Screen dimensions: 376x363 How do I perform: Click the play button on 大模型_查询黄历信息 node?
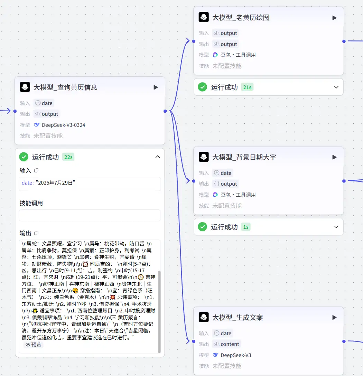pos(156,87)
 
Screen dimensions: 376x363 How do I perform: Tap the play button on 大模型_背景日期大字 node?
pos(334,157)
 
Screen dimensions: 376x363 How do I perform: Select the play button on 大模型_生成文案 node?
pos(334,317)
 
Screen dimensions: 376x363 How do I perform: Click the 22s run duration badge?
pos(68,157)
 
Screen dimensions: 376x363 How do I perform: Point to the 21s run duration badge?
pos(247,87)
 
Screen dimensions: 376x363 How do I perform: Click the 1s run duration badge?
pos(246,227)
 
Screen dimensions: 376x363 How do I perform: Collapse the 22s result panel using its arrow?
pos(158,157)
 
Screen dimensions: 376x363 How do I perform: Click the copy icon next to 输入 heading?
pos(36,171)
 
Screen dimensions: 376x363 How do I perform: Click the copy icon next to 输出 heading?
pos(36,233)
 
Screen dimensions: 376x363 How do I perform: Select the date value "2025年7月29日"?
pos(55,183)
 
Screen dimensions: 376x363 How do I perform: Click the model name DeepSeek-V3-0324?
pos(63,125)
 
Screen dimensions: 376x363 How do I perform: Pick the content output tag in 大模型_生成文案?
pos(226,344)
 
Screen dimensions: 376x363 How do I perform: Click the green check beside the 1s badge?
pos(203,227)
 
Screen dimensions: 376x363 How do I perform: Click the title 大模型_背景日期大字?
pos(244,157)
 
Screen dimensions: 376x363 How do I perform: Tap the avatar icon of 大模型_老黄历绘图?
pos(204,17)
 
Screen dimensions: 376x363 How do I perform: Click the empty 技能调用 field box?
pos(90,215)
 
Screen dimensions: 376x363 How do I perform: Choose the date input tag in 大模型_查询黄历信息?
pos(44,103)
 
